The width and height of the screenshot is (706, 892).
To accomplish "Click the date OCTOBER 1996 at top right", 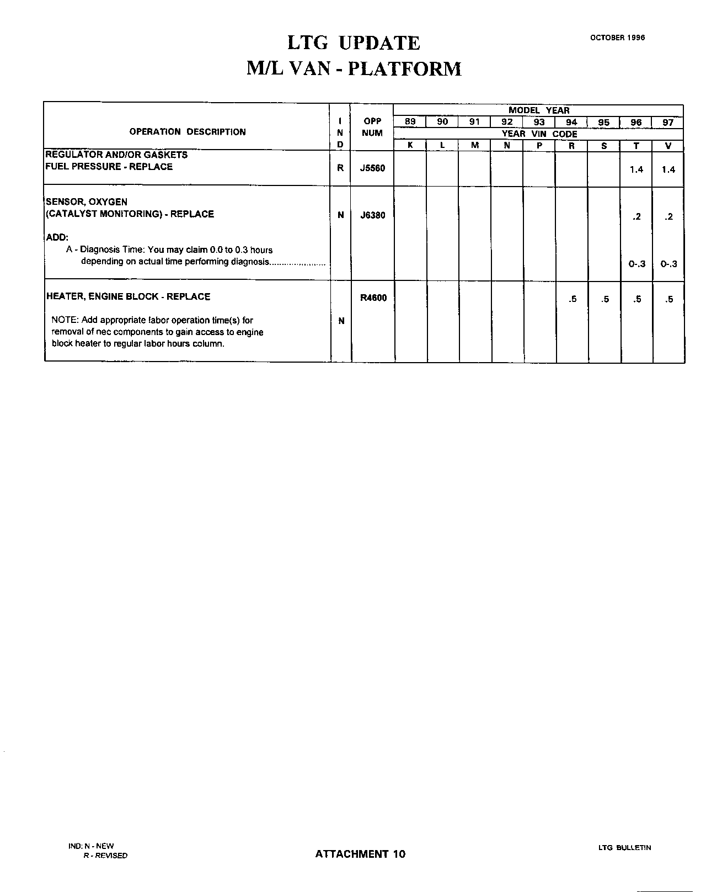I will [617, 38].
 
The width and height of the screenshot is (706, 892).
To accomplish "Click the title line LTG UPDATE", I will [354, 43].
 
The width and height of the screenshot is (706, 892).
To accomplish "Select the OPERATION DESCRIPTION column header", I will [188, 132].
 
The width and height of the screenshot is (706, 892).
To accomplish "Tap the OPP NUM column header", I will [372, 127].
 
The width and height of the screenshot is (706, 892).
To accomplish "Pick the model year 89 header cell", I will [410, 122].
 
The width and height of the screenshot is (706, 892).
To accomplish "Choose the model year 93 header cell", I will [539, 122].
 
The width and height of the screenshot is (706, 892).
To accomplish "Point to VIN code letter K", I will [410, 146].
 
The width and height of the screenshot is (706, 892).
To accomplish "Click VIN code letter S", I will [604, 146].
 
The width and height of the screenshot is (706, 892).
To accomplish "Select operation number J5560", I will [372, 168].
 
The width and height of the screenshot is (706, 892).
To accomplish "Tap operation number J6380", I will [372, 215].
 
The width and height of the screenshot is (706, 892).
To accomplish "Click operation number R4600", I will [373, 298].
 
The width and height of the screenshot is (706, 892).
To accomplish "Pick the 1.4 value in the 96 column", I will [637, 169].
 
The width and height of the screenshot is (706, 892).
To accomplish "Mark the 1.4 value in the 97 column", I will [668, 169].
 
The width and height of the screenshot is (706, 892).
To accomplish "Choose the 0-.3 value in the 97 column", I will [668, 264].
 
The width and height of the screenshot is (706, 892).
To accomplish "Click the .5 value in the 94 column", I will [573, 299].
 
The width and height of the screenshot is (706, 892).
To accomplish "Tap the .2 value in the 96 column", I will [637, 216].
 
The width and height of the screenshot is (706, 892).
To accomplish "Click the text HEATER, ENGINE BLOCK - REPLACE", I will [129, 296].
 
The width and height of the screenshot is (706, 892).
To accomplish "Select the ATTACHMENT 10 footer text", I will [360, 854].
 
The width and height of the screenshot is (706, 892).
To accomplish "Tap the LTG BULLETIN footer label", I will [624, 847].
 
